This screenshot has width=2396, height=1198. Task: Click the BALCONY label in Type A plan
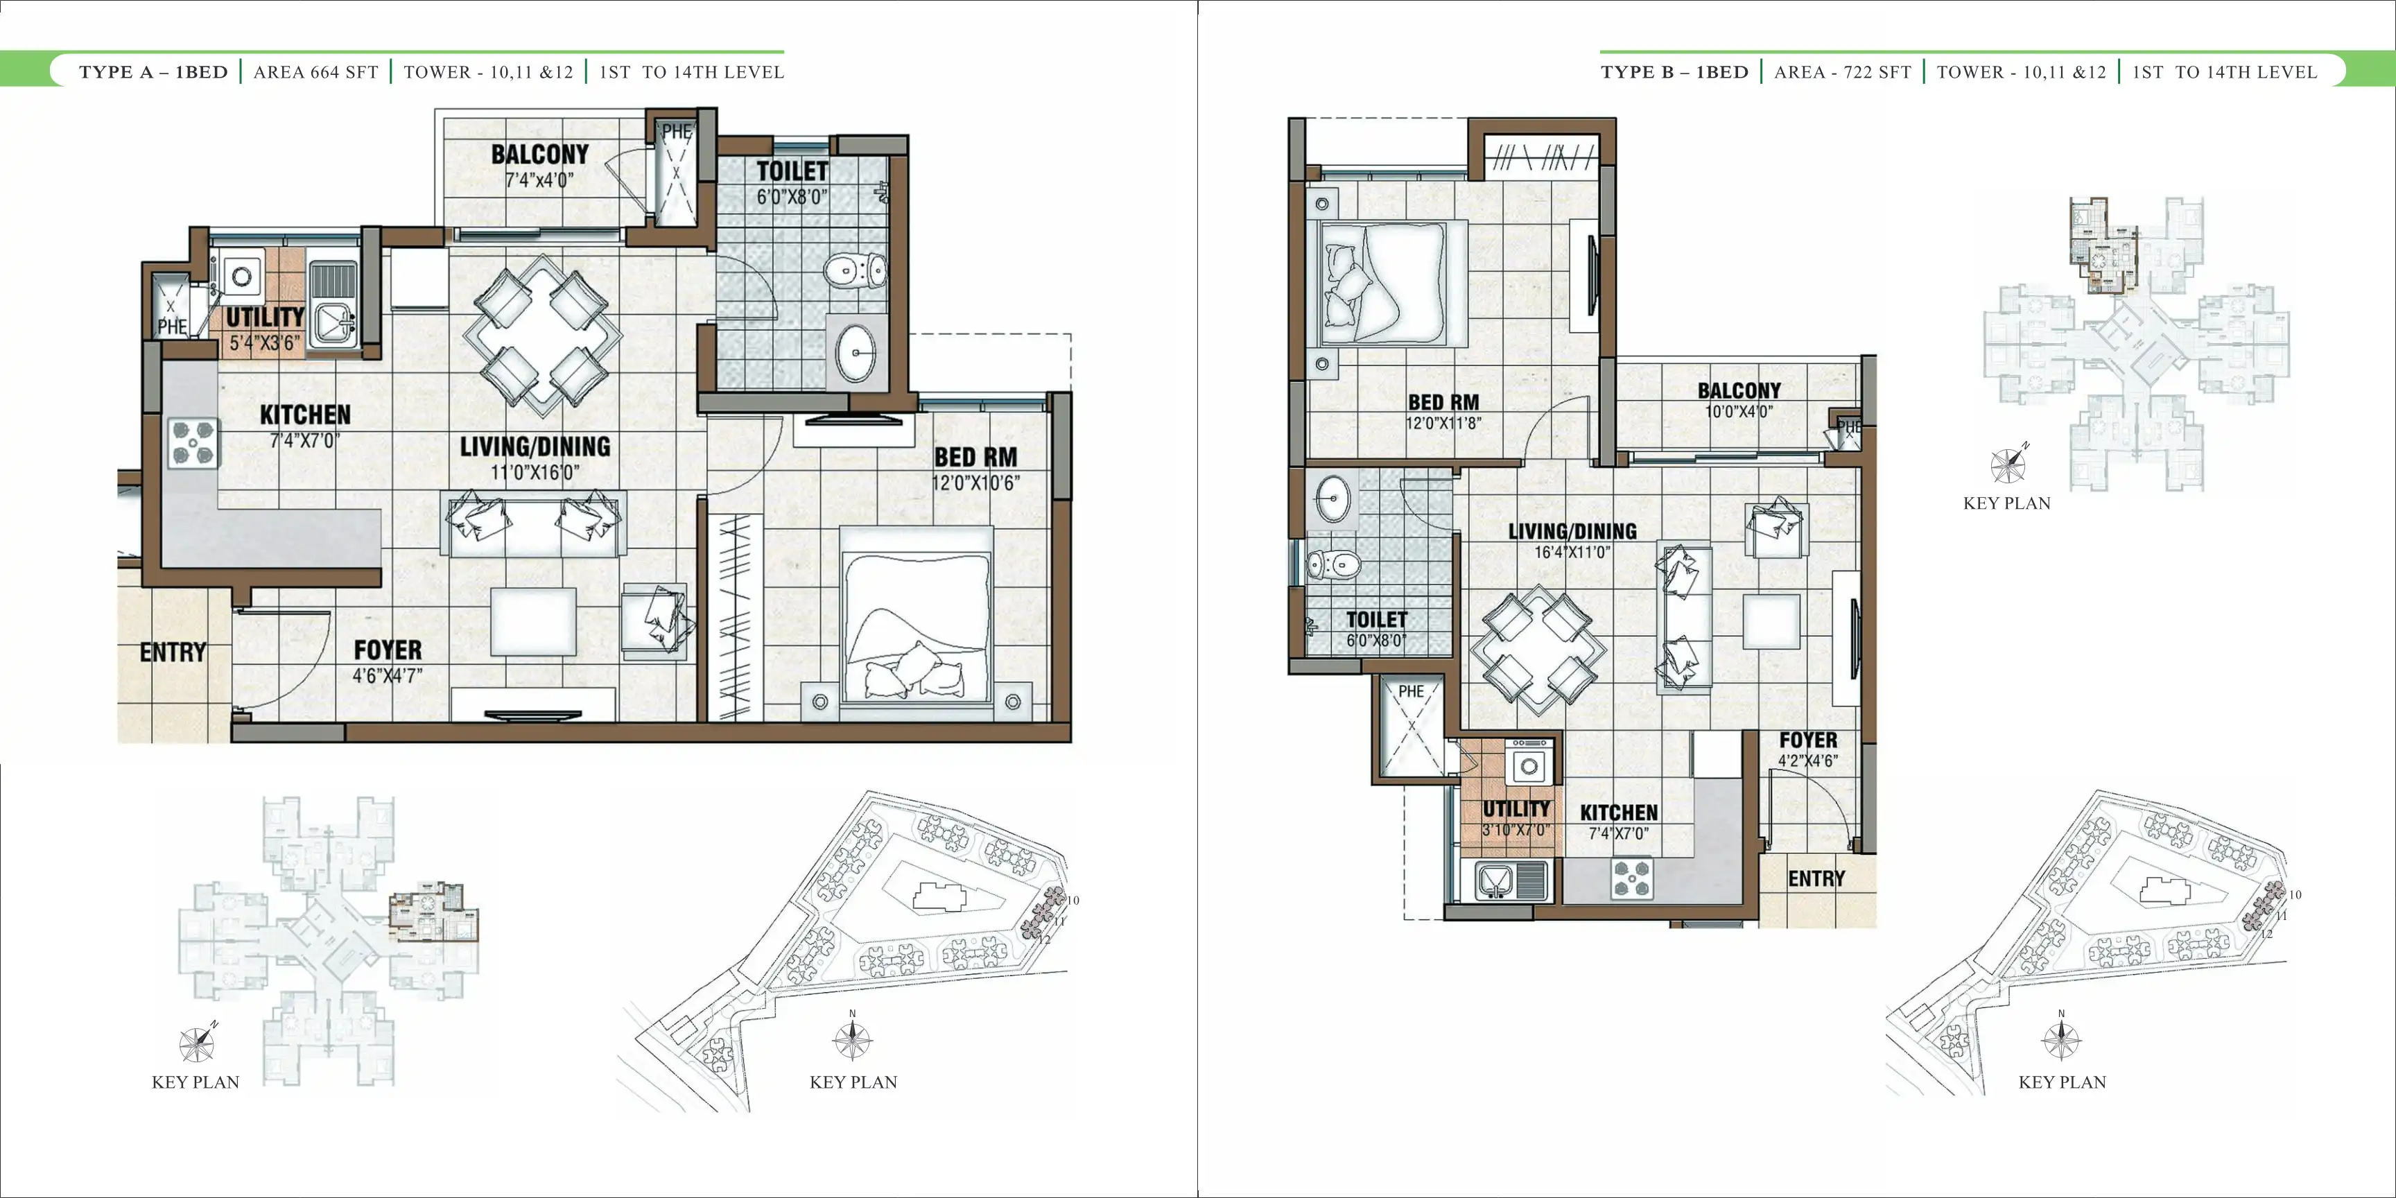coord(539,155)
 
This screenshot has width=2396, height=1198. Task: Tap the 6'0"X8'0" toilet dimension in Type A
coord(792,196)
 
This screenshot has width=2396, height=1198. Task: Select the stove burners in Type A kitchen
coord(193,443)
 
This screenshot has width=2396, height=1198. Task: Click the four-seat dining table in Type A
coord(542,336)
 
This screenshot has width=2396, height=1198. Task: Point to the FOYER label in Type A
coord(388,650)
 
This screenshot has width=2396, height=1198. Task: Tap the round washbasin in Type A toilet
coord(856,352)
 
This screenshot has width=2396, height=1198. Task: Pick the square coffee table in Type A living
coord(533,621)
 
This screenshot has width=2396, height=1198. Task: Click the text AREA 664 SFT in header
coord(316,73)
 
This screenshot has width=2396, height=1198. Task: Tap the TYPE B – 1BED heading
coord(1674,73)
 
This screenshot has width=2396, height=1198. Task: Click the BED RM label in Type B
coord(1443,402)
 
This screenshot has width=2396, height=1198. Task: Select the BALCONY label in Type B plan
coord(1739,390)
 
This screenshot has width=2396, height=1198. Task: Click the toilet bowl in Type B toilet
coord(1333,564)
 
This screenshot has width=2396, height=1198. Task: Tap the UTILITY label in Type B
coord(1516,808)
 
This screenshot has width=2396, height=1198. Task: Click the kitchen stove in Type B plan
coord(1633,878)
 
